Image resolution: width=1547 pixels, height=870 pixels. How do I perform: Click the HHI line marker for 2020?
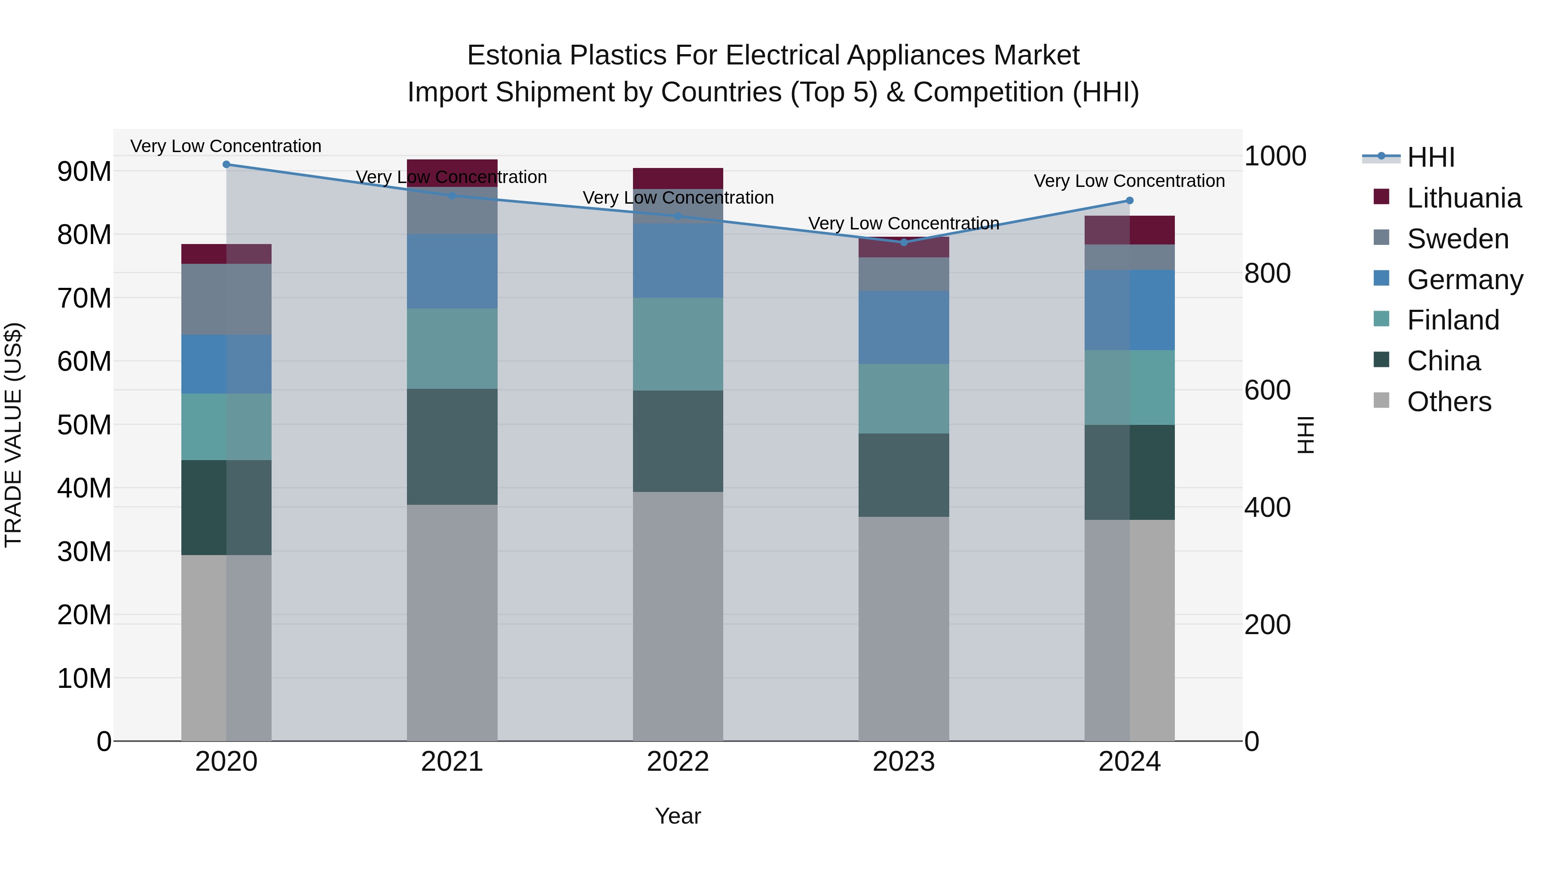click(226, 165)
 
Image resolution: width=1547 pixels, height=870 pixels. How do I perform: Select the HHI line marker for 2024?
click(1130, 201)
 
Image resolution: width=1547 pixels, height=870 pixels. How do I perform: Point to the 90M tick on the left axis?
click(84, 172)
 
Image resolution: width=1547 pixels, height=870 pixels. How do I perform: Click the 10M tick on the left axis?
click(84, 678)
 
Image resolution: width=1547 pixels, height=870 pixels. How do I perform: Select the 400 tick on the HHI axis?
click(1267, 507)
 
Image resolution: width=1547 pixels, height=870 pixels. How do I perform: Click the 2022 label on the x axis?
click(678, 762)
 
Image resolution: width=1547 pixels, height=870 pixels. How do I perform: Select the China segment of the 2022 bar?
click(678, 441)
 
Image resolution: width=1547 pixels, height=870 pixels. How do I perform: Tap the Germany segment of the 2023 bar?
click(904, 327)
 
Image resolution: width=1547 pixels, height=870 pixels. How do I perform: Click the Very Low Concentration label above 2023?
click(904, 223)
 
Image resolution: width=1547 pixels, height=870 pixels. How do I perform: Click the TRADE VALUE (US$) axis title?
click(13, 435)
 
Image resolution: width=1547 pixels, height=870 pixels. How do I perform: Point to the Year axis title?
click(678, 816)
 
